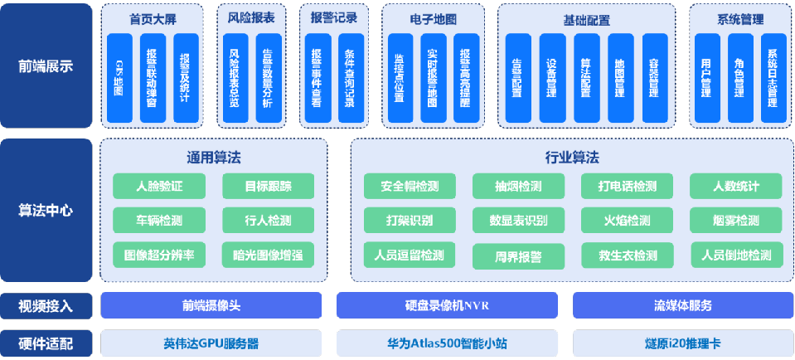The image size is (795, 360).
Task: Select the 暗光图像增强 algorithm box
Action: coord(268,255)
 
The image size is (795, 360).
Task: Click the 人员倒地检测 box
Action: coord(736,255)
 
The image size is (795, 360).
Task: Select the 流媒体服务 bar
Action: coord(681,305)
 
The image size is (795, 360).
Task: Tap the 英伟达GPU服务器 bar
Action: coord(211,343)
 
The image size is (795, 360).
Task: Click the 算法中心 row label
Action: coord(46,211)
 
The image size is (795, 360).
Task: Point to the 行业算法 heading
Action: coord(571,158)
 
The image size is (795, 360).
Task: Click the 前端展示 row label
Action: coord(46,66)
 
